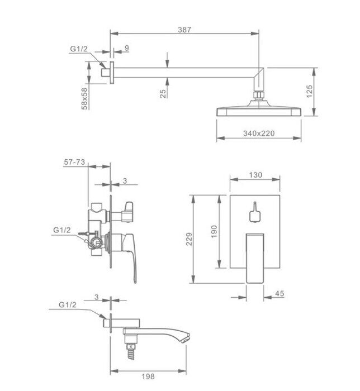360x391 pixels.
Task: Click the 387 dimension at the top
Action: click(x=184, y=30)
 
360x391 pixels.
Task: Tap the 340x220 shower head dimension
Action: click(x=259, y=133)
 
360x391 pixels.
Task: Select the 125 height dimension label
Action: click(x=309, y=91)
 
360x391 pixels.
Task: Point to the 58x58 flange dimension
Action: click(x=85, y=98)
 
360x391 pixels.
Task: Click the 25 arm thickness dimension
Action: click(x=163, y=93)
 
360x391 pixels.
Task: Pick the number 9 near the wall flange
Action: click(x=127, y=48)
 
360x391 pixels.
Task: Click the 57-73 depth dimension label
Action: click(x=74, y=162)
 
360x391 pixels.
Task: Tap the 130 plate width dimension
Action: click(x=255, y=175)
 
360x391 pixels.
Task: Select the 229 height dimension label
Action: click(x=189, y=239)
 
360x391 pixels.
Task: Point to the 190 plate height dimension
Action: click(x=214, y=231)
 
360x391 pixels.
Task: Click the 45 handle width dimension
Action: click(x=280, y=293)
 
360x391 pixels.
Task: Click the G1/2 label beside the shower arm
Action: click(x=79, y=49)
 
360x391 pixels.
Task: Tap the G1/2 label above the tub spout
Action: click(x=67, y=304)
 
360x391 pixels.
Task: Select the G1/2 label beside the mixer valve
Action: click(x=62, y=230)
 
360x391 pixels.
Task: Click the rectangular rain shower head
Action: click(x=259, y=111)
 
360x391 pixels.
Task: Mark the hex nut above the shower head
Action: click(x=259, y=95)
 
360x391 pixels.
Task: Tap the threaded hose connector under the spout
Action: click(x=131, y=351)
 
